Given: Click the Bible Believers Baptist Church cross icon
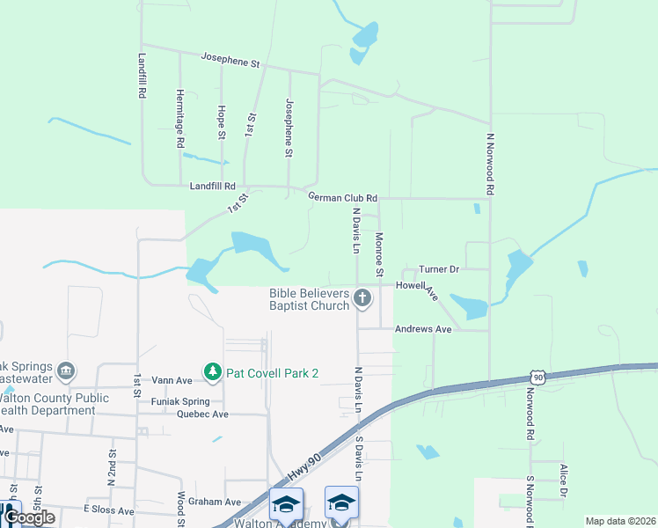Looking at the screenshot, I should pyautogui.click(x=362, y=299).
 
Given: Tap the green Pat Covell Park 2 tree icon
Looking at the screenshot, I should pyautogui.click(x=212, y=373).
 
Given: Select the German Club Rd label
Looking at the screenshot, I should pyautogui.click(x=342, y=198).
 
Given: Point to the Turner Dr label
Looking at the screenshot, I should pyautogui.click(x=439, y=269).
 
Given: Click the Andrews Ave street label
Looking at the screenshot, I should pyautogui.click(x=422, y=329).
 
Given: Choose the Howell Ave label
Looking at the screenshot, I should pyautogui.click(x=417, y=287).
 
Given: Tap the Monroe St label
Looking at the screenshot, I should pyautogui.click(x=379, y=254).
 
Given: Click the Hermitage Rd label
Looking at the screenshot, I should pyautogui.click(x=179, y=118).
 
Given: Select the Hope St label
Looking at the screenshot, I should pyautogui.click(x=220, y=122).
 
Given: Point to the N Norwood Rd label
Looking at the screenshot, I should pyautogui.click(x=490, y=164).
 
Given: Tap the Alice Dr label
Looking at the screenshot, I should pyautogui.click(x=562, y=481).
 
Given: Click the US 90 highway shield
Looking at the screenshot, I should pyautogui.click(x=537, y=377).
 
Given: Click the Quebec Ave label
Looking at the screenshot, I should pyautogui.click(x=202, y=414).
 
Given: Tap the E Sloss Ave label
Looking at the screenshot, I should pyautogui.click(x=108, y=510).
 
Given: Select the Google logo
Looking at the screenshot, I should pyautogui.click(x=28, y=517).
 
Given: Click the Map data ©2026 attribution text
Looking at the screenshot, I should pyautogui.click(x=620, y=521).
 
